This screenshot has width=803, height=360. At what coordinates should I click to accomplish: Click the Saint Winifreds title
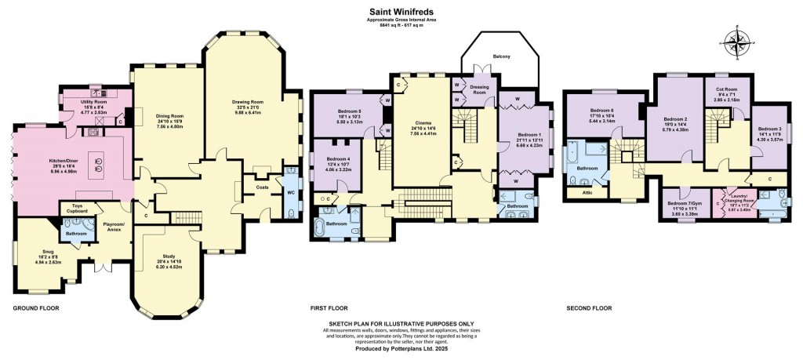pyautogui.click(x=401, y=12)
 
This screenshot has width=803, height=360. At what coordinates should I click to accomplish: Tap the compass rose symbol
pyautogui.click(x=738, y=38)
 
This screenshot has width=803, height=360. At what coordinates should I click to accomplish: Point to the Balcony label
pyautogui.click(x=501, y=56)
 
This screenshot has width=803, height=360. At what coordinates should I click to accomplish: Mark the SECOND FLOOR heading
pyautogui.click(x=588, y=308)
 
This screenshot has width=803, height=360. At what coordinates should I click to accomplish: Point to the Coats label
pyautogui.click(x=262, y=187)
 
